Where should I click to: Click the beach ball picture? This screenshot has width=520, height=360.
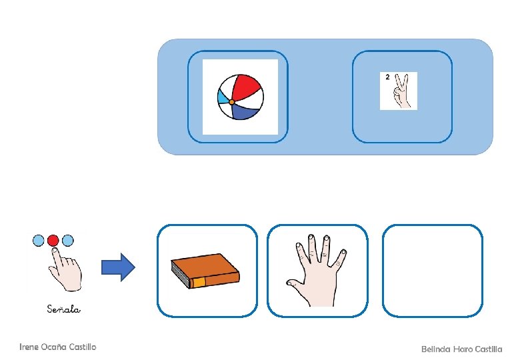240,97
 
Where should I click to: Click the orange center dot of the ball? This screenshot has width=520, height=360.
231,102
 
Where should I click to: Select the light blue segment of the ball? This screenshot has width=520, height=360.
223,97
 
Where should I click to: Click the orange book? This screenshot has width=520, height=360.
205,270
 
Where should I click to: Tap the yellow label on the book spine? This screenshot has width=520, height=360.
199,283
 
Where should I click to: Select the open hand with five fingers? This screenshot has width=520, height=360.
317,270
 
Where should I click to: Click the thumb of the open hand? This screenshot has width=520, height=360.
294,285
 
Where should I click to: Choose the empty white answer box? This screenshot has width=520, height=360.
432,270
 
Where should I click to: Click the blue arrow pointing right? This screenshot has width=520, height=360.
118,267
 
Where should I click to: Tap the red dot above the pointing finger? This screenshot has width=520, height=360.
53,240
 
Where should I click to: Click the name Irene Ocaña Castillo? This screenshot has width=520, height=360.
58,347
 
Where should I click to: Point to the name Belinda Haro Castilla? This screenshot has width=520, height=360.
461,349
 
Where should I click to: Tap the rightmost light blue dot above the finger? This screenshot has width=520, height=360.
67,240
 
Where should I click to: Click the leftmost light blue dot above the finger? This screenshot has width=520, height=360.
39,240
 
